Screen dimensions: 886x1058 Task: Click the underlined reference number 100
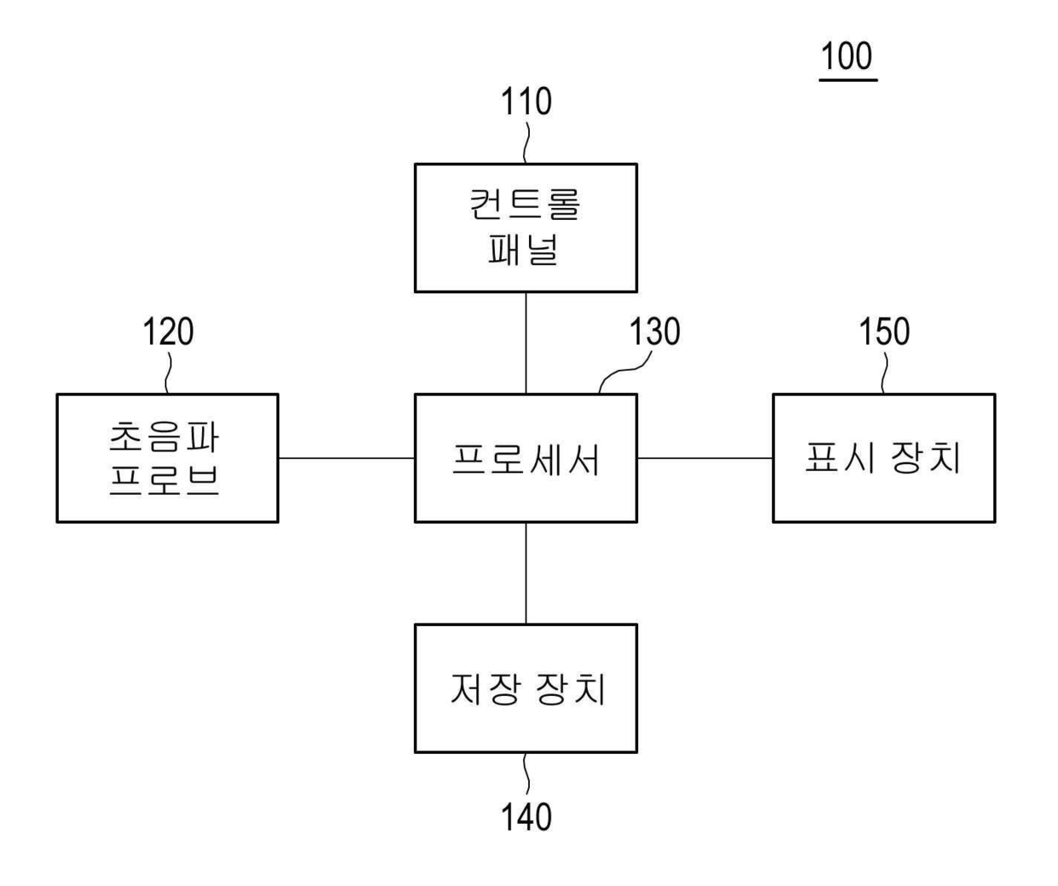[847, 57]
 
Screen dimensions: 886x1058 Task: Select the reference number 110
[526, 101]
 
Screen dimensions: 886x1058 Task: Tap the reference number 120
[167, 332]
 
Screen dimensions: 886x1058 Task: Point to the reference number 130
[654, 332]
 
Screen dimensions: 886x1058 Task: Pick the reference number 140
[526, 817]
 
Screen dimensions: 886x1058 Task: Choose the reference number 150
[884, 332]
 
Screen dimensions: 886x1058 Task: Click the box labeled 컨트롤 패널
[526, 228]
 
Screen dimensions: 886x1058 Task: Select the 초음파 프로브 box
[167, 458]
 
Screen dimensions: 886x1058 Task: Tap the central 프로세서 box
[526, 458]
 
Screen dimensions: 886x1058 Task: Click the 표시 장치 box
[884, 458]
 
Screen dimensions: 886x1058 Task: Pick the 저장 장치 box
[526, 688]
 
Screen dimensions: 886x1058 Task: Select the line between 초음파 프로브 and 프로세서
[346, 458]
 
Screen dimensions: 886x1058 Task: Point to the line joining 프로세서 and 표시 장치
[705, 458]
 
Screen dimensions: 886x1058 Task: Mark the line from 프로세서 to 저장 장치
[526, 573]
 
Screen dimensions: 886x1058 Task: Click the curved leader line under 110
[526, 143]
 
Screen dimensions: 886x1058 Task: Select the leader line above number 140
[526, 774]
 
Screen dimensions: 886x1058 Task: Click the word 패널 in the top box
[523, 249]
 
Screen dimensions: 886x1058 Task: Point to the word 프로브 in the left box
[165, 479]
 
